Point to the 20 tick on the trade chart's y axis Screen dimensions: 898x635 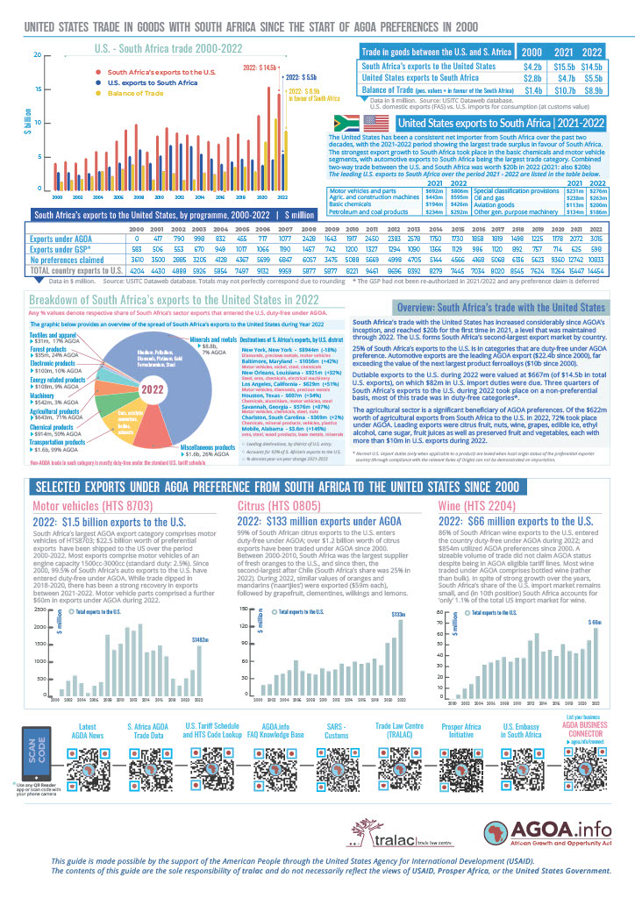36,54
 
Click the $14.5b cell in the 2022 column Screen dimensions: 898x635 591,67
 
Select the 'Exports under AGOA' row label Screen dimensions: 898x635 61,238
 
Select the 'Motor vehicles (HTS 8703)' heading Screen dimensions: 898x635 84,507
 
